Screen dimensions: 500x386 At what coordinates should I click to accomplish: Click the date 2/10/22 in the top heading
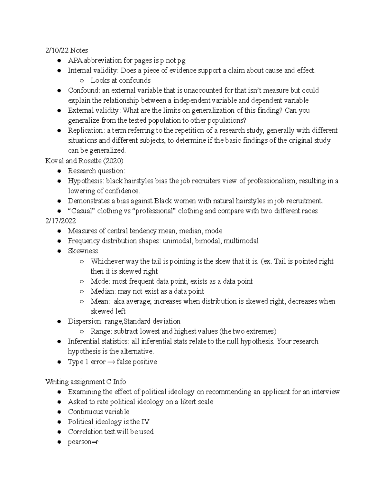[x=57, y=50]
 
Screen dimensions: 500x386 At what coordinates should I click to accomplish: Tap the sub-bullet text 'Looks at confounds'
[x=120, y=80]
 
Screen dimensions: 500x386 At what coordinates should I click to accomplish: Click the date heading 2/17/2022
[x=61, y=221]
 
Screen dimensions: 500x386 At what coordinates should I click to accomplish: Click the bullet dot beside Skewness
[x=59, y=251]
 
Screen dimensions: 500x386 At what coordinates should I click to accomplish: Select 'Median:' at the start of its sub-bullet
[x=103, y=291]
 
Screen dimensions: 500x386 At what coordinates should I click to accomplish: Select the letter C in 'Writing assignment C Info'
[x=109, y=382]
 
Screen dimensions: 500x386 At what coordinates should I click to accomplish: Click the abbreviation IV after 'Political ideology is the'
[x=145, y=422]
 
